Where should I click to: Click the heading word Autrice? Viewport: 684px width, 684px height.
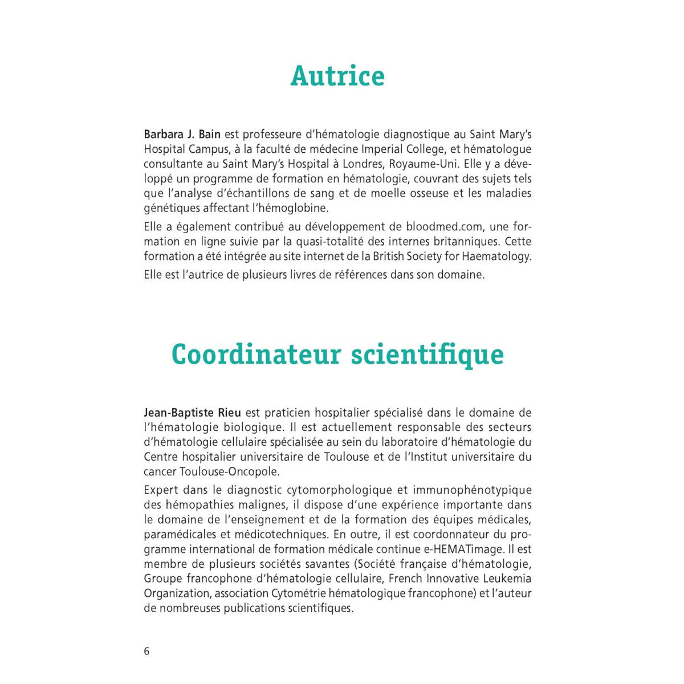337,76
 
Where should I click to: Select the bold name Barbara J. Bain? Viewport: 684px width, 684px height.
182,135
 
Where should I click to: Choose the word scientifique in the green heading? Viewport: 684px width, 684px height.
427,354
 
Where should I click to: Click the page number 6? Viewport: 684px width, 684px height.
146,652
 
